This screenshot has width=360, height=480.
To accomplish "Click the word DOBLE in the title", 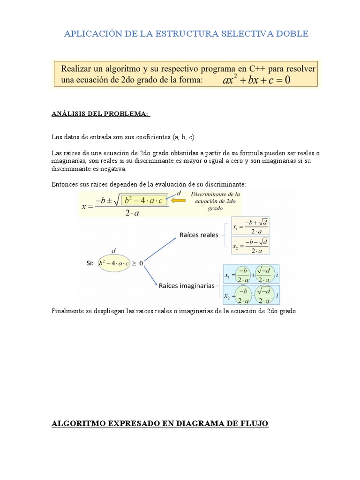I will tap(292, 34).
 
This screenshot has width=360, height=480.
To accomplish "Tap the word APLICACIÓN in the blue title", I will tap(87, 34).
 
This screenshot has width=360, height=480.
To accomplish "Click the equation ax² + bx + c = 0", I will tap(256, 80).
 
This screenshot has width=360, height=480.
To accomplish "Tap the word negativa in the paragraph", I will tap(112, 169).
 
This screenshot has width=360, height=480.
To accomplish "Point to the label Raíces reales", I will tap(199, 235).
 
